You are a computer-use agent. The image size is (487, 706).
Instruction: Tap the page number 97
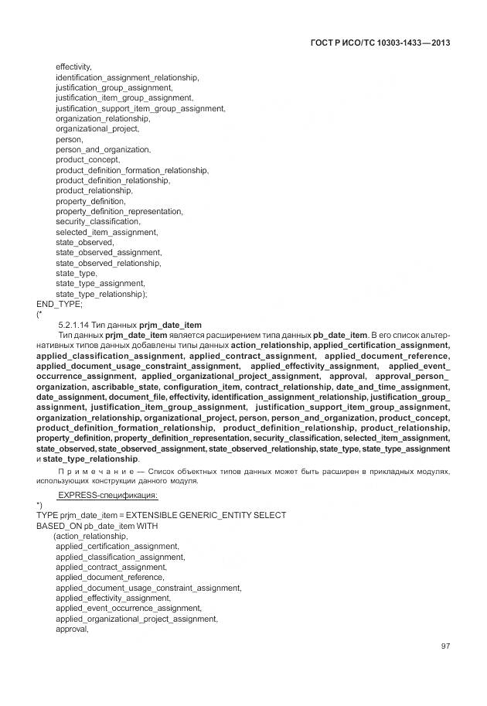[x=445, y=646]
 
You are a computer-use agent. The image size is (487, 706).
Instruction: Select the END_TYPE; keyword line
[x=59, y=305]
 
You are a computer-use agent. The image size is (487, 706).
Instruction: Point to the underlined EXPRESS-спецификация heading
[x=108, y=494]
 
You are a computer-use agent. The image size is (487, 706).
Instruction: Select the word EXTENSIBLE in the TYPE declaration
[x=155, y=515]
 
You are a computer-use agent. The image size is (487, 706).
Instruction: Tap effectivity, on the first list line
[x=74, y=67]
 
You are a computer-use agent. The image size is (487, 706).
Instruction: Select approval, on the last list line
[x=73, y=629]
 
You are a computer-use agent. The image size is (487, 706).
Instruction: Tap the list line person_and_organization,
[x=103, y=149]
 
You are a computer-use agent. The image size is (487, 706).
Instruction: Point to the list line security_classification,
[x=98, y=222]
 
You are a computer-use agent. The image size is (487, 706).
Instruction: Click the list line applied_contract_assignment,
[x=111, y=567]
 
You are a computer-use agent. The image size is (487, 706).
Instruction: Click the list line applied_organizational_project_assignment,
[x=137, y=619]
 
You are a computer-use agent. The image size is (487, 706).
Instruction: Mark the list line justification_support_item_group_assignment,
[x=140, y=108]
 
